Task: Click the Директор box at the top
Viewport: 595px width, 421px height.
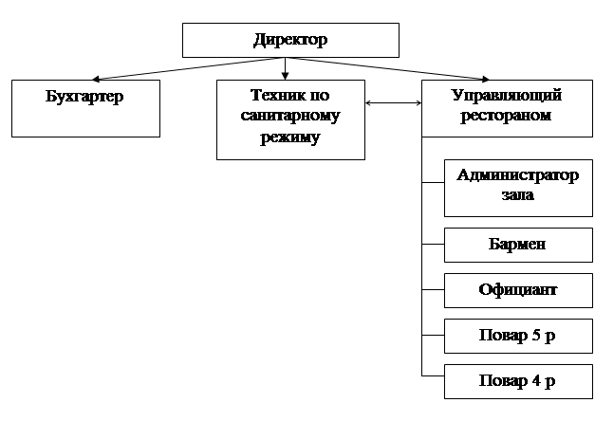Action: click(290, 41)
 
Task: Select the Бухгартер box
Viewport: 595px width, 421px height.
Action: click(85, 108)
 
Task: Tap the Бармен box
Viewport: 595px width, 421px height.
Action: click(518, 245)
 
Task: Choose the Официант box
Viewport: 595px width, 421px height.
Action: click(518, 290)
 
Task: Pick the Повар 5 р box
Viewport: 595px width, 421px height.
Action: click(518, 336)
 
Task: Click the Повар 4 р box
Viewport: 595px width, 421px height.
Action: click(518, 381)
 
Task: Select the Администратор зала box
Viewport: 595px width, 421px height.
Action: click(518, 186)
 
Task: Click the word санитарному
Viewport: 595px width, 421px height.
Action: click(290, 117)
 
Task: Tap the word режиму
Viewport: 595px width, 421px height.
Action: click(290, 137)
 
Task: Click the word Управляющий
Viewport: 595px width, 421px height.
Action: click(506, 97)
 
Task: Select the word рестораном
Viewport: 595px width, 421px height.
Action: click(506, 117)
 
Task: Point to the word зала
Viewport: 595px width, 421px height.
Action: click(518, 195)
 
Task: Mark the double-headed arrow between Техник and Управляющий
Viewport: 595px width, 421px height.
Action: click(394, 103)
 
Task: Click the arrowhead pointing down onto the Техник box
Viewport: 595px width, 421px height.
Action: click(285, 76)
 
